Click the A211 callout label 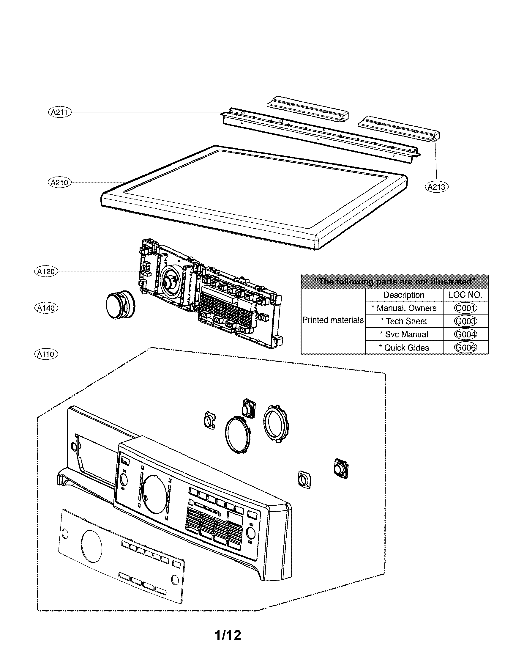pos(60,112)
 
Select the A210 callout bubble pos(59,182)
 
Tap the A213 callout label pos(436,187)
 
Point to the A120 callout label pos(46,272)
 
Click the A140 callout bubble pos(46,308)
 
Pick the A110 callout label pos(46,354)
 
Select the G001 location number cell pos(465,308)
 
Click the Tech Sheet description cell pos(404,321)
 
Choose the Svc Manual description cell pos(404,334)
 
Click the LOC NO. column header pos(465,295)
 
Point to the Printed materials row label pos(333,320)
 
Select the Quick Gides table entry pos(404,348)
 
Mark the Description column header pos(404,295)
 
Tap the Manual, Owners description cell pos(404,308)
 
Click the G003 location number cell pos(465,321)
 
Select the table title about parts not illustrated pos(394,282)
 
